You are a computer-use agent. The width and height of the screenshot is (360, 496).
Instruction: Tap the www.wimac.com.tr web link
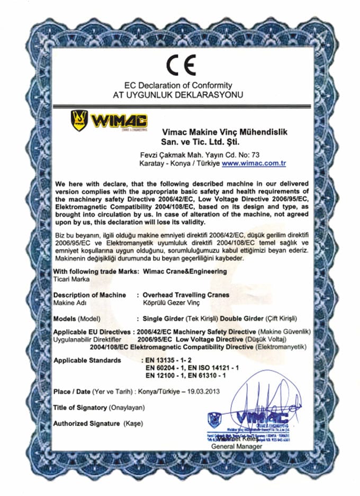pos(254,164)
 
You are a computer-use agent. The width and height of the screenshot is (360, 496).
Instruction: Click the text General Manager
pos(236,447)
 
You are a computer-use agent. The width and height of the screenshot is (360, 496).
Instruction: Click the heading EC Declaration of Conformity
pos(178,85)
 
